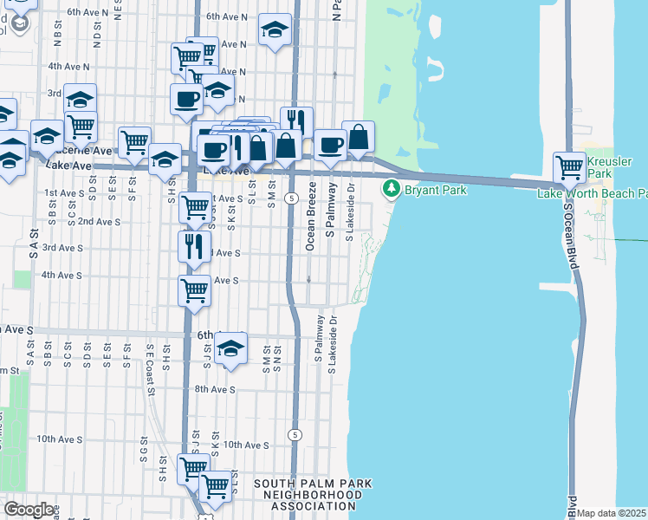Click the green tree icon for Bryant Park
[x=392, y=187]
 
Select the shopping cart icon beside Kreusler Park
[x=569, y=166]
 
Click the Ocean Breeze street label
[x=310, y=223]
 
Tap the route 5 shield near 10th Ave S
[x=295, y=433]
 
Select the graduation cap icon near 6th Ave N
[x=275, y=31]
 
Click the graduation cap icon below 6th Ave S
[x=230, y=349]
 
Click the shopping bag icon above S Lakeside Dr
[x=358, y=137]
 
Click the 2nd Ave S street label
[x=99, y=222]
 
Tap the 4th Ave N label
[x=68, y=66]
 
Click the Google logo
[x=29, y=510]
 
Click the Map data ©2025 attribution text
[x=612, y=513]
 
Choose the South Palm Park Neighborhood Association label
[x=313, y=494]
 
